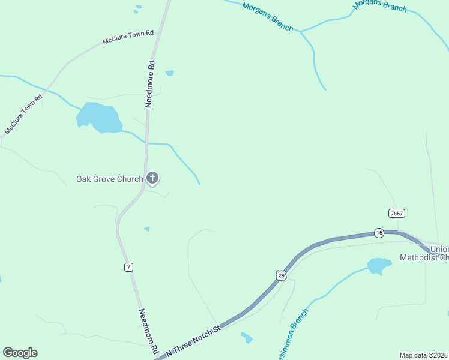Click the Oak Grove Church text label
coord(109,179)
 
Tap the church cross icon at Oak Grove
coord(153,178)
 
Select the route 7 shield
coord(129,267)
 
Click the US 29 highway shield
coord(282,275)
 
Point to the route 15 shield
coord(378,232)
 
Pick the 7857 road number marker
coord(396,214)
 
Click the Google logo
coord(20,353)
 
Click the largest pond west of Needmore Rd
coord(97,117)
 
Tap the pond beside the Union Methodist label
coord(379,265)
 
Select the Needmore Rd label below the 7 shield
coord(148,331)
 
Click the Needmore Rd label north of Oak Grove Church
coord(150,84)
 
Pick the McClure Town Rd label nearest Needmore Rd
coord(128,38)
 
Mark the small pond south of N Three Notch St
coord(246,338)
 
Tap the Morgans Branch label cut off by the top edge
coord(379,5)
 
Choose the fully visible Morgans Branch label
coord(267,16)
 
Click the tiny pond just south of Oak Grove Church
coord(146,229)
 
